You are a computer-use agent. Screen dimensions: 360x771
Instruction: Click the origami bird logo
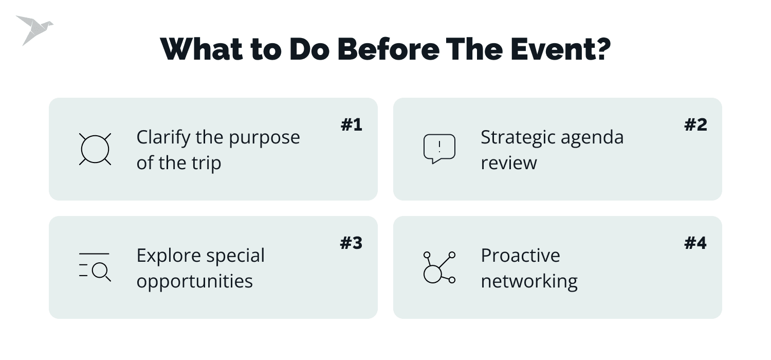(33, 30)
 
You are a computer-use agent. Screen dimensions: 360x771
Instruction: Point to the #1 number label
(352, 125)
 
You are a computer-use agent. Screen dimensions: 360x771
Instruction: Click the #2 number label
(696, 125)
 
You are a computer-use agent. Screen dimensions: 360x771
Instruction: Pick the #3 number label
(352, 243)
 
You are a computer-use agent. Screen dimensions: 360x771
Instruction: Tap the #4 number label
(696, 243)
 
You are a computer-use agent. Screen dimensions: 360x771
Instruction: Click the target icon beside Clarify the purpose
(95, 149)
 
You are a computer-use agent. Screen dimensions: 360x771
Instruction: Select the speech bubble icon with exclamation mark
(439, 149)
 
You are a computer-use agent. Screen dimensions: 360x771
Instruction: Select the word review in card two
(508, 163)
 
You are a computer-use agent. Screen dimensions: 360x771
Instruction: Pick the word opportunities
(194, 282)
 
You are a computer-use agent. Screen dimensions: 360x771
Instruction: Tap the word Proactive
(520, 256)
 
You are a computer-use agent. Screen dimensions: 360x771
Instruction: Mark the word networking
(529, 282)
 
